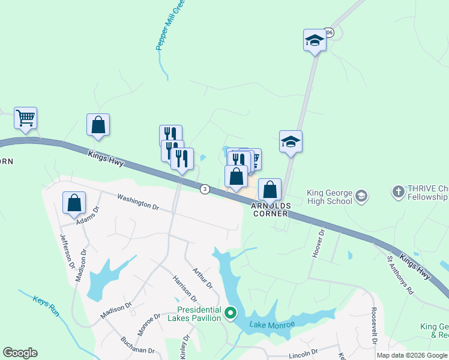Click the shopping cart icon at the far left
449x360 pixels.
point(26,118)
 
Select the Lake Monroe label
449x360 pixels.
point(273,325)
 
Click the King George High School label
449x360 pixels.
point(329,197)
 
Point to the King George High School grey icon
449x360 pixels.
point(361,196)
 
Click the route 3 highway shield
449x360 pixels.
point(205,188)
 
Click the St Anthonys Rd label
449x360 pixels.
point(400,275)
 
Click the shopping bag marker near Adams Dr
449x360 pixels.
point(74,202)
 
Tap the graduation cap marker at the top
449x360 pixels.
point(314,40)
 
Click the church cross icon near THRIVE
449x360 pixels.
point(398,192)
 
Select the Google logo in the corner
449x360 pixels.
point(20,353)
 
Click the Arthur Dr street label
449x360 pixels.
point(202,278)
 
